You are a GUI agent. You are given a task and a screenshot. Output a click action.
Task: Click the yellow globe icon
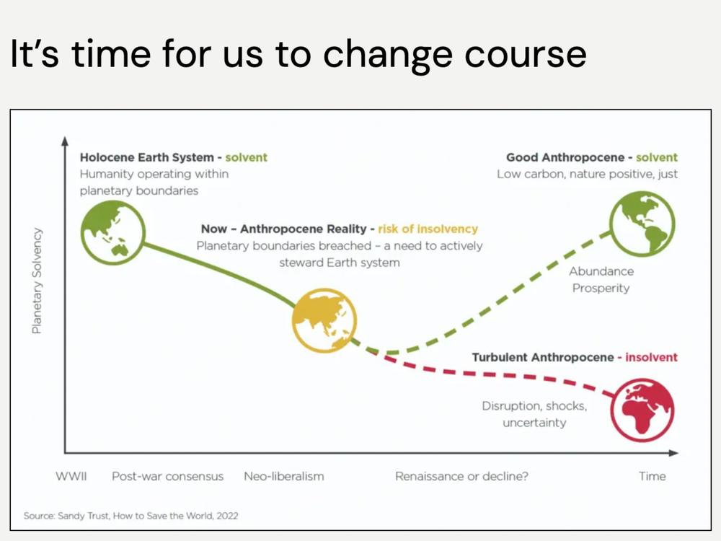pyautogui.click(x=324, y=321)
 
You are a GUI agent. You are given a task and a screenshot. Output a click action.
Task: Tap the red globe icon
pyautogui.click(x=642, y=410)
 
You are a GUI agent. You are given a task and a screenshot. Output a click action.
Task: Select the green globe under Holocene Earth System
pyautogui.click(x=113, y=233)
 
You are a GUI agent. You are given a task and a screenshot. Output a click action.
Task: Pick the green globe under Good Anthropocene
pyautogui.click(x=642, y=224)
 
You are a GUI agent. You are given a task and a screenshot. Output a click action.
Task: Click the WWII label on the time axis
pyautogui.click(x=71, y=476)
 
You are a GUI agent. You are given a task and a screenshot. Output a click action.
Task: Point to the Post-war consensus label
pyautogui.click(x=168, y=476)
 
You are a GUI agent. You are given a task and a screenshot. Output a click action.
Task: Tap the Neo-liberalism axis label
pyautogui.click(x=284, y=476)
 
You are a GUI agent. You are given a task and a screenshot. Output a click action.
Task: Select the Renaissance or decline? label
pyautogui.click(x=461, y=476)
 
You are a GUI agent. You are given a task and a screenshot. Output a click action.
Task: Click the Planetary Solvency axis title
pyautogui.click(x=37, y=281)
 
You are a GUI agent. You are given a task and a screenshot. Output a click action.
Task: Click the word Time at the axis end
pyautogui.click(x=653, y=476)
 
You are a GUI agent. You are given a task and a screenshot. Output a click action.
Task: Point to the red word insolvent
pyautogui.click(x=651, y=358)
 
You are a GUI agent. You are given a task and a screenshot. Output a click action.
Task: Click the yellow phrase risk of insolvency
pyautogui.click(x=428, y=229)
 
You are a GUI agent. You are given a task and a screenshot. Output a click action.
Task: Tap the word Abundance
pyautogui.click(x=601, y=271)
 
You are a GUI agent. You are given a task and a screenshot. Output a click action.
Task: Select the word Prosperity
pyautogui.click(x=601, y=288)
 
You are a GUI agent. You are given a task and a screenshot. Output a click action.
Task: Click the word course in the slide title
pyautogui.click(x=526, y=54)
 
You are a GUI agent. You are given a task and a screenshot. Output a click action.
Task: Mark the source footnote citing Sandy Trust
pyautogui.click(x=131, y=516)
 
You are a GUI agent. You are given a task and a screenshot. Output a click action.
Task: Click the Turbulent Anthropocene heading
pyautogui.click(x=543, y=358)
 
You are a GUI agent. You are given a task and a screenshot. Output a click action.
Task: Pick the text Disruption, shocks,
pyautogui.click(x=534, y=405)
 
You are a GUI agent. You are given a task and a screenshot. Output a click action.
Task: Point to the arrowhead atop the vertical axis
pyautogui.click(x=65, y=141)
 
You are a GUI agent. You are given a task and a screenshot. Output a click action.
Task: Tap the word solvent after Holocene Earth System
pyautogui.click(x=246, y=157)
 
